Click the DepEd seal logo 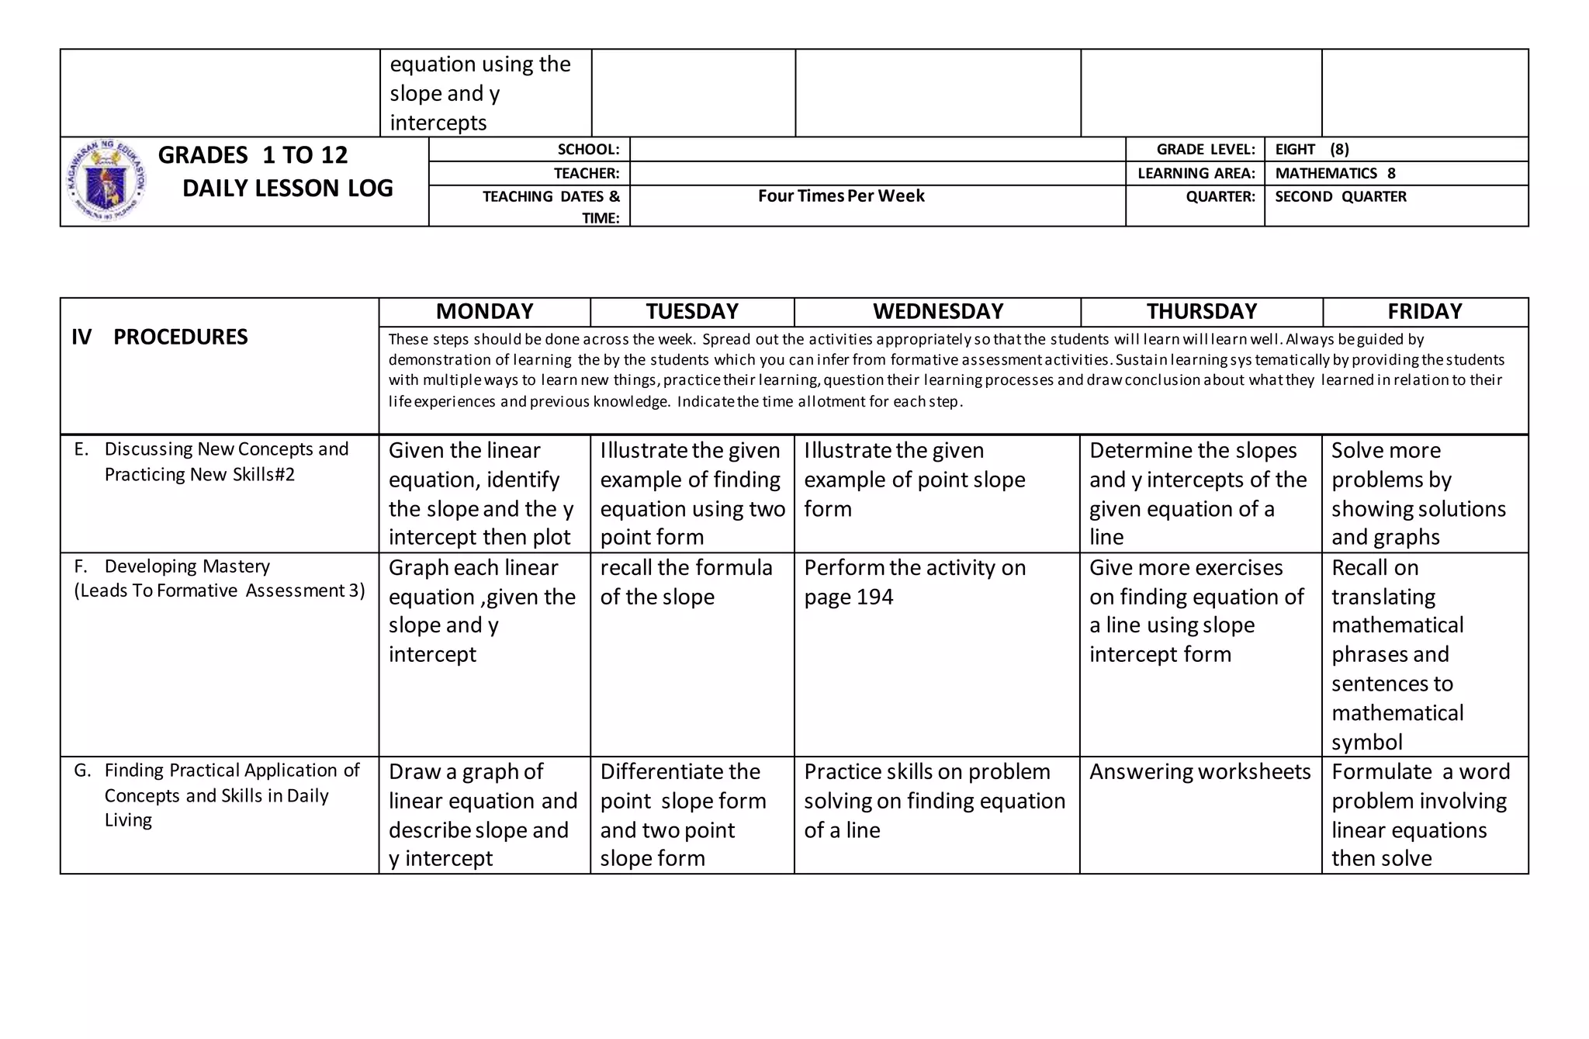(107, 182)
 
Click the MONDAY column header (484, 312)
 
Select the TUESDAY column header (692, 312)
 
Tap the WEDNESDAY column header (937, 312)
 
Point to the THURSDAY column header (1201, 312)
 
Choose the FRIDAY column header (1425, 312)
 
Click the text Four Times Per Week (841, 196)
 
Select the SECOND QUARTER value (1340, 197)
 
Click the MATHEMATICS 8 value (1335, 174)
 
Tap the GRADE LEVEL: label (1205, 150)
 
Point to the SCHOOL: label (588, 150)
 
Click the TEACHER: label (586, 174)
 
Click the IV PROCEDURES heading (160, 337)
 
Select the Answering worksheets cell (1200, 772)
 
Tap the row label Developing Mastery (186, 566)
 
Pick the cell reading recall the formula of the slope (686, 582)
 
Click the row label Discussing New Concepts (225, 450)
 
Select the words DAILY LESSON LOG (287, 189)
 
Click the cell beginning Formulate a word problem (1420, 815)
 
